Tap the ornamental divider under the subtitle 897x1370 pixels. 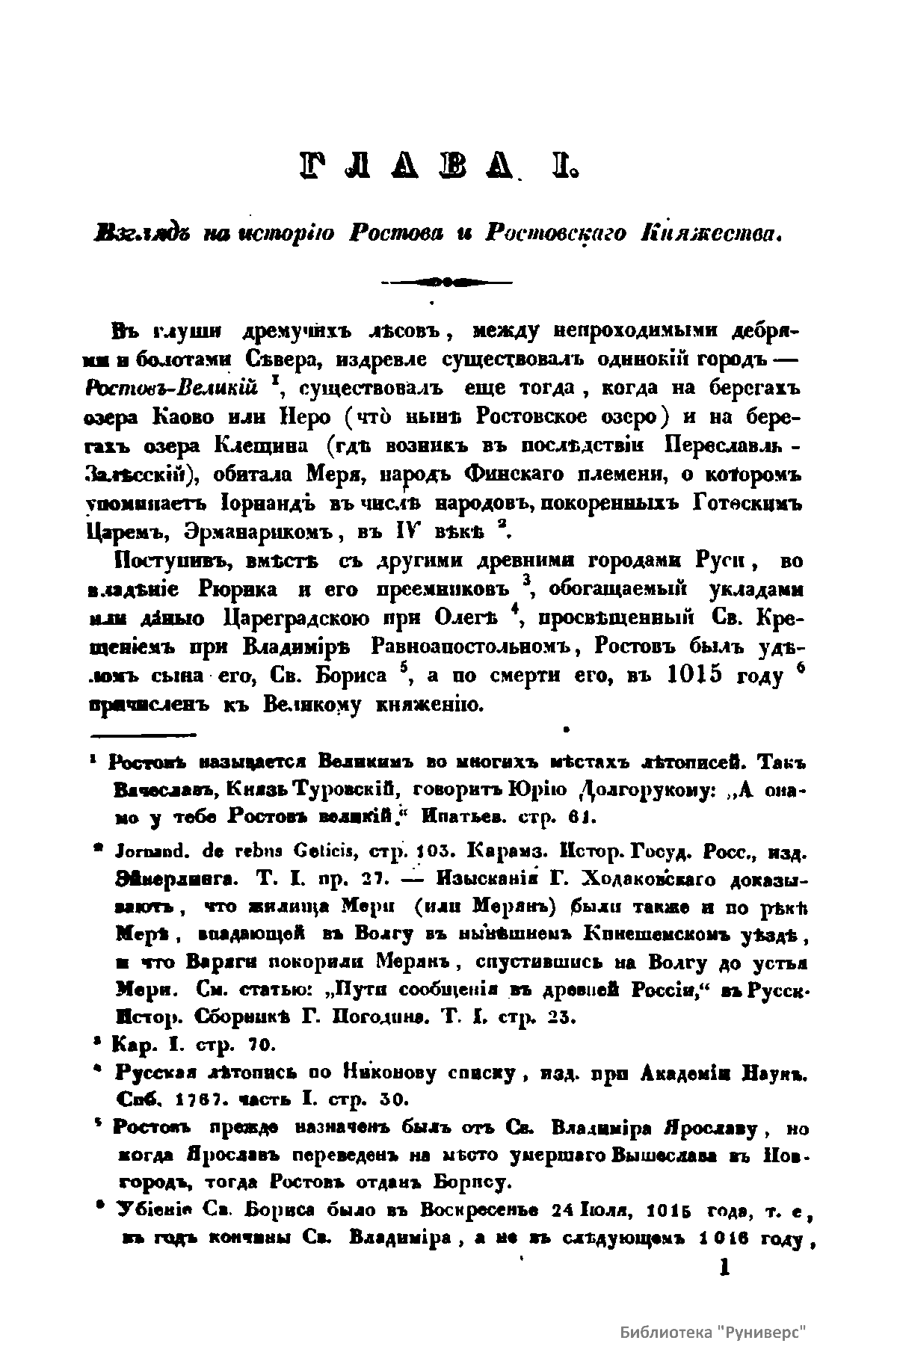pos(446,283)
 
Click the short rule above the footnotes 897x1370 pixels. pos(142,732)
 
